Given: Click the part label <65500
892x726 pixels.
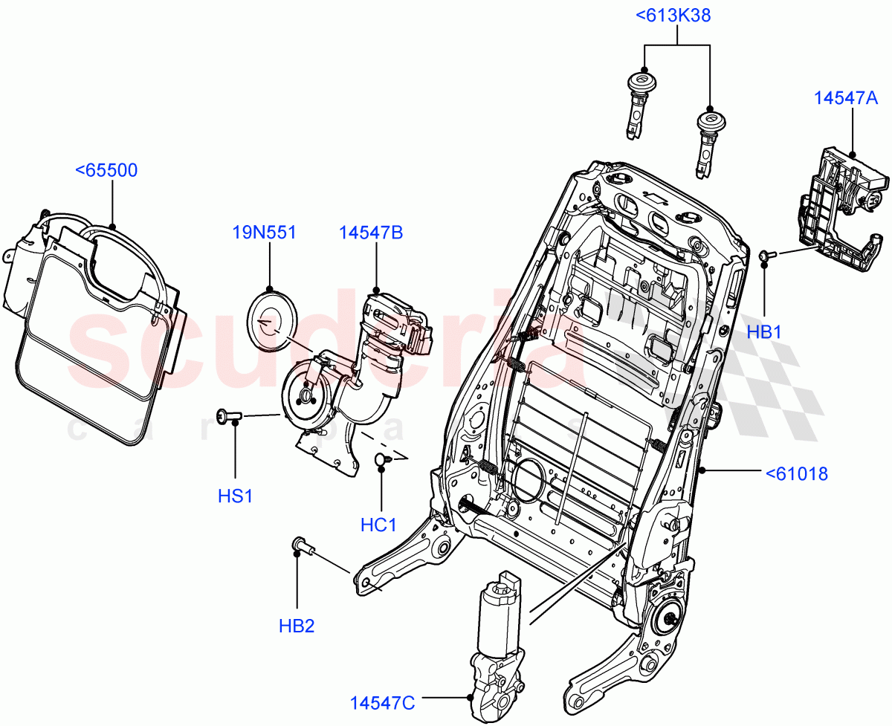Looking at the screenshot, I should click(106, 171).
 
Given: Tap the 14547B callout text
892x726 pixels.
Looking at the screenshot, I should click(371, 233).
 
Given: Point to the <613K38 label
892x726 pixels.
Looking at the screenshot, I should click(672, 16).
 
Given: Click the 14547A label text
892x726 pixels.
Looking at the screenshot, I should click(846, 97).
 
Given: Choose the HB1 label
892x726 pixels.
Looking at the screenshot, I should click(765, 333).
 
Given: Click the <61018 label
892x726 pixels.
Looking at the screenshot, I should click(797, 473).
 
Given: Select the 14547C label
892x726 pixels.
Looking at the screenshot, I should click(384, 701).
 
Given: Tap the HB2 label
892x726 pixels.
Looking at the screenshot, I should click(297, 626).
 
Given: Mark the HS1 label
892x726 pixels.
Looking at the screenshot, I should click(235, 496).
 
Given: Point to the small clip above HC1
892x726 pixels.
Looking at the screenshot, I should click(383, 461).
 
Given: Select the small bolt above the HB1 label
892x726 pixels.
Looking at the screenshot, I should click(768, 256).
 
